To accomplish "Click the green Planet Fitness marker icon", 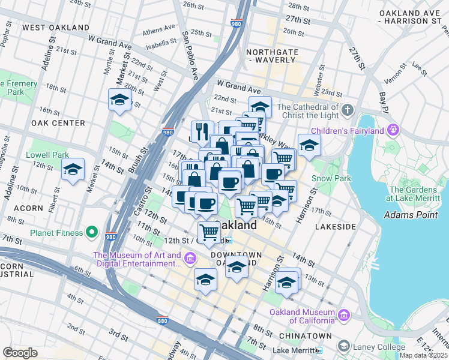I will coord(92,231).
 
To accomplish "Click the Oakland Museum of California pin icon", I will coord(343,315).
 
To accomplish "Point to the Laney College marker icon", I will coord(343,346).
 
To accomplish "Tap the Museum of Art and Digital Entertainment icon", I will coord(190,259).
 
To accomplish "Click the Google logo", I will coord(20,353).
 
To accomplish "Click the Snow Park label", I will coord(331,178).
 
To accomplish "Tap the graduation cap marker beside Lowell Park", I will coord(73,170).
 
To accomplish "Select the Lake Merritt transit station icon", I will coord(319,350).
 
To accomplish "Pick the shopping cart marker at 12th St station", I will coord(208,232).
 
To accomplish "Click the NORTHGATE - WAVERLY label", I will coord(273,56).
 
